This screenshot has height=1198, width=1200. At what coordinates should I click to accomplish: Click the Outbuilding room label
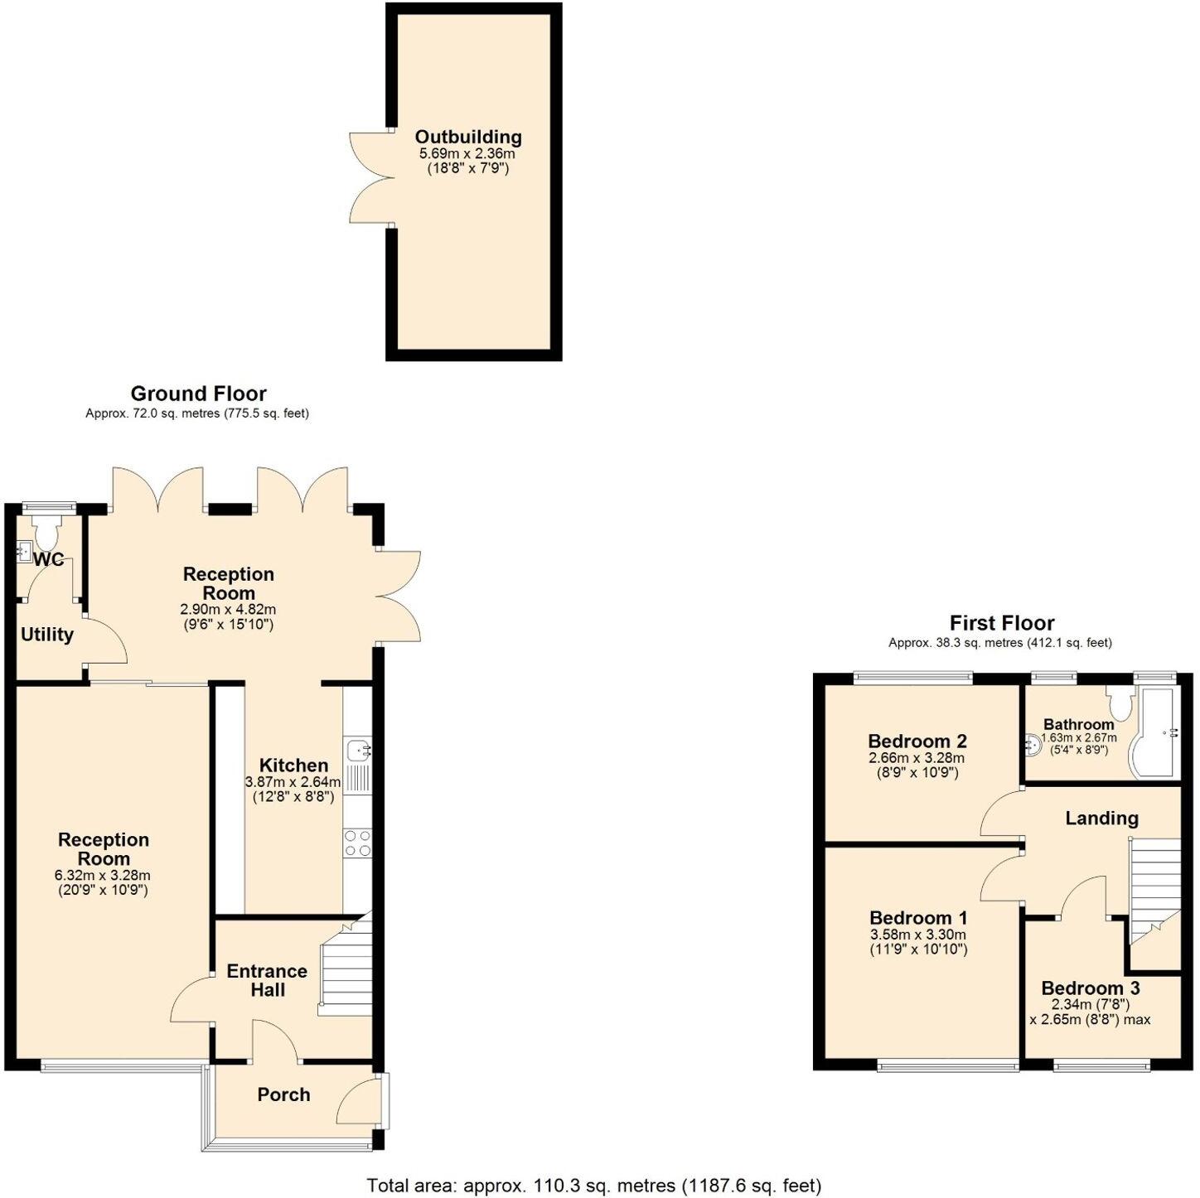[x=468, y=138]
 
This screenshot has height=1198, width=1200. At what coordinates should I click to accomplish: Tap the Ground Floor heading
[x=198, y=394]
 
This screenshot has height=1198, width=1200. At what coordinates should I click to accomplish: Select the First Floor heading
[x=1001, y=623]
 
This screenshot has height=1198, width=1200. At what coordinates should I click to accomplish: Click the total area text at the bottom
[x=593, y=1186]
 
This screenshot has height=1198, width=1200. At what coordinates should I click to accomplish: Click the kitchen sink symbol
[x=360, y=750]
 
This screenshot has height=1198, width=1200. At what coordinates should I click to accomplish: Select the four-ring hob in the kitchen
[x=357, y=843]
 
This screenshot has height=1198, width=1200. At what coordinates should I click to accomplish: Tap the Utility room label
[x=47, y=635]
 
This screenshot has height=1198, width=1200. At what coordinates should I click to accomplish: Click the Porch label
[x=283, y=1094]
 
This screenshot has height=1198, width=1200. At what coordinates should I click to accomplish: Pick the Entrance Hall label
[x=267, y=980]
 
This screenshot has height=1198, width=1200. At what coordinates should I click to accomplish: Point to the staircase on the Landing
[x=1154, y=891]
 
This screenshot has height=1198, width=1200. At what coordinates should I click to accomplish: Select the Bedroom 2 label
[x=917, y=742]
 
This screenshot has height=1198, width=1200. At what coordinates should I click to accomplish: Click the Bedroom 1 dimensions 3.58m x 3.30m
[x=917, y=935]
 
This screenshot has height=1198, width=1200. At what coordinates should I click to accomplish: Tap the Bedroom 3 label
[x=1090, y=988]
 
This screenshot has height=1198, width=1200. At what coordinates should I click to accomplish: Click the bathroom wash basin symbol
[x=1033, y=745]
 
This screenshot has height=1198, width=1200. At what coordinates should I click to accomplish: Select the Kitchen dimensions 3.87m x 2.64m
[x=293, y=782]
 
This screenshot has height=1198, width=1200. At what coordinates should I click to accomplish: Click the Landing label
[x=1101, y=819]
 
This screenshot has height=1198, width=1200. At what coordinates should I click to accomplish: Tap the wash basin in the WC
[x=25, y=550]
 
